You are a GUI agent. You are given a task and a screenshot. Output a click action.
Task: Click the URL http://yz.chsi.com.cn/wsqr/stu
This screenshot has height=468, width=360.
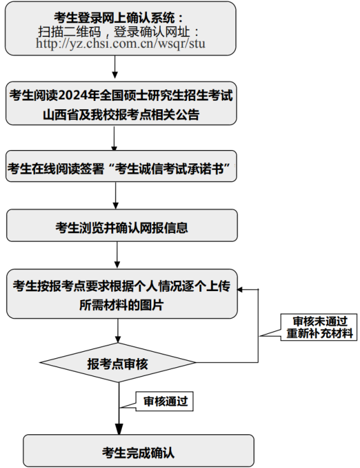[x=121, y=43]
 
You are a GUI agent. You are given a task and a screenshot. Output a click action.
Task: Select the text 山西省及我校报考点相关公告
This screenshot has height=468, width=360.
[x=121, y=115]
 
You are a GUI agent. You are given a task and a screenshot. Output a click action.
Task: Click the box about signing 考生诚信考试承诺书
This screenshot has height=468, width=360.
[x=121, y=166]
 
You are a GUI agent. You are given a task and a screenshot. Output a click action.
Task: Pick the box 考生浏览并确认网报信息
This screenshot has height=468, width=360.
[x=122, y=225]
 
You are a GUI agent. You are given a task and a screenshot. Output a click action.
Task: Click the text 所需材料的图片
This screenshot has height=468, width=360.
[x=121, y=305]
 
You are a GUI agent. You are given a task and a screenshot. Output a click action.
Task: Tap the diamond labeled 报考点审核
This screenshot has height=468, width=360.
[x=117, y=363]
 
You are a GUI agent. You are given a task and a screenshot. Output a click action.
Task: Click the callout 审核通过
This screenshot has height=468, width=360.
[x=164, y=402]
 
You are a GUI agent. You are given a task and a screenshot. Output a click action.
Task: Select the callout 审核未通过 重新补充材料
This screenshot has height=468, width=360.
[x=319, y=327]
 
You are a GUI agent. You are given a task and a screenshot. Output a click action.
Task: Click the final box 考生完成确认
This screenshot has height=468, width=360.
[x=139, y=451]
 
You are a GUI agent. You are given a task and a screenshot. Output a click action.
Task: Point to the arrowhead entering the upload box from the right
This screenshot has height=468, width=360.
[x=240, y=289]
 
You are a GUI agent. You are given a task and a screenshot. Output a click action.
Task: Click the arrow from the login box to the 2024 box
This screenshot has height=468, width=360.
[x=115, y=67]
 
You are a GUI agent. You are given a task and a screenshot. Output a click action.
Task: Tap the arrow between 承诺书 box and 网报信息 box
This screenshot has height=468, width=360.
[x=116, y=195]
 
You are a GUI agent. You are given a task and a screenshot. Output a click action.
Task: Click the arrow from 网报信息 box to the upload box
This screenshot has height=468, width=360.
[x=117, y=255]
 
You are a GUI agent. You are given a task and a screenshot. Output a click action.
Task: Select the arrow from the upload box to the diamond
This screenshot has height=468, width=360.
[x=118, y=330]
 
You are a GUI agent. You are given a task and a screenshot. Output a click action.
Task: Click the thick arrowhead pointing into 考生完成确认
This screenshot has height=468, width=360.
[x=119, y=429]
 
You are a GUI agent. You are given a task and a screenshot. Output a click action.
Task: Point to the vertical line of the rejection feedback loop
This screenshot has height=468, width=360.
[x=259, y=326]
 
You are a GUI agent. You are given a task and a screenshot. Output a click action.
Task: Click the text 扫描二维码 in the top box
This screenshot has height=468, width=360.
[x=70, y=31]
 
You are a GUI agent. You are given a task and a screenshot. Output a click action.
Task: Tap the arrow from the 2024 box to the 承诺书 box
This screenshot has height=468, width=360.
[x=114, y=138]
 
